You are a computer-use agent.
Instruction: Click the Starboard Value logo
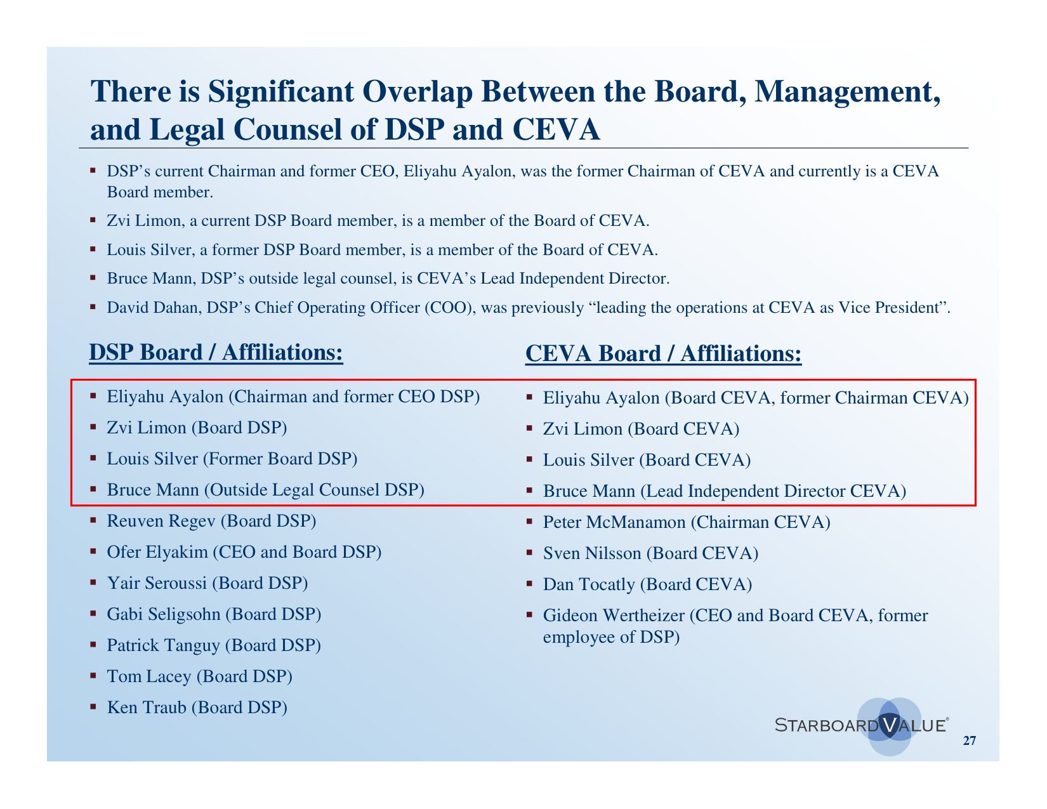(862, 726)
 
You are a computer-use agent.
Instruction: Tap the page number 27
(970, 740)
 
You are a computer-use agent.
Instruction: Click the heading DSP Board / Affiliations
(216, 352)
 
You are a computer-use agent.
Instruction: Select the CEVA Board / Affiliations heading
(663, 353)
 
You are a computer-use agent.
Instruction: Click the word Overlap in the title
(418, 91)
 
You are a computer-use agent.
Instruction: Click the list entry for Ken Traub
(197, 707)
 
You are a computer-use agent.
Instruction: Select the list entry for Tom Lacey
(199, 676)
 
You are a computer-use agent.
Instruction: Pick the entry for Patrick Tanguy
(214, 645)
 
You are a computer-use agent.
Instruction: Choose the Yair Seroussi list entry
(207, 583)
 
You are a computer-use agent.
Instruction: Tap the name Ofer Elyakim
(157, 552)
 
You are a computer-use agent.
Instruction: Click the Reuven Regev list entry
(211, 521)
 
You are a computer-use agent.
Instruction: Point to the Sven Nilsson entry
(650, 553)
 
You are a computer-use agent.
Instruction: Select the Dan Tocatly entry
(648, 584)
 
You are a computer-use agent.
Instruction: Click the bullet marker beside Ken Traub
(93, 707)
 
